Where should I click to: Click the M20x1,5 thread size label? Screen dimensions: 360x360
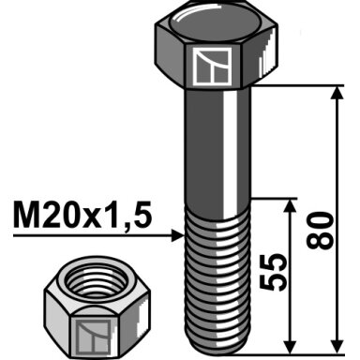(x=82, y=215)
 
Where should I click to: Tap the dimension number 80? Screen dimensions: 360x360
(x=320, y=231)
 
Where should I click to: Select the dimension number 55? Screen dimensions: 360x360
(x=273, y=272)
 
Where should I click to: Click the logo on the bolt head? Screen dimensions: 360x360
(x=212, y=67)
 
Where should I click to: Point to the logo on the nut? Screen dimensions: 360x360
(x=93, y=337)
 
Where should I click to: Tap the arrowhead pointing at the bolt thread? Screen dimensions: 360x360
(x=178, y=235)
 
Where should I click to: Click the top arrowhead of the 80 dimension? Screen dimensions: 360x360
(x=337, y=92)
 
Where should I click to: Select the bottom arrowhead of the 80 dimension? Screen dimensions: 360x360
(x=337, y=348)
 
